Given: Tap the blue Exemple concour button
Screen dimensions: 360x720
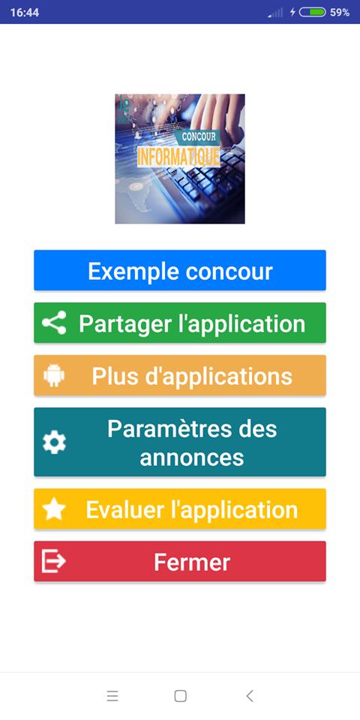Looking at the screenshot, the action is [180, 271].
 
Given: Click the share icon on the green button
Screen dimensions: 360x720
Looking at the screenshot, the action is [54, 322].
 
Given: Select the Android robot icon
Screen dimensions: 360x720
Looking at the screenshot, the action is [54, 375].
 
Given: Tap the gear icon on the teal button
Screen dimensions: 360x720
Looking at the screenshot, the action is [54, 442].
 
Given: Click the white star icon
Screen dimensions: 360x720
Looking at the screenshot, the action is [54, 509].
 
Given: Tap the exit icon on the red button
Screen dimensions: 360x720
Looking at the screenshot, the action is [54, 562].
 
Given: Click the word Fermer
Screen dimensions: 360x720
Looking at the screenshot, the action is [192, 562].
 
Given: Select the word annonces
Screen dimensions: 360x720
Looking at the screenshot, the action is [192, 457].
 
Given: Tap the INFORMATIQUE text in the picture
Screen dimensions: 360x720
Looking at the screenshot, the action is [178, 157].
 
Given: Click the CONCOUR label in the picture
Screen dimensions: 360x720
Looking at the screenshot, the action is [199, 136].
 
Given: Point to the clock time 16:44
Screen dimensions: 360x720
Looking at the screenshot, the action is [25, 13].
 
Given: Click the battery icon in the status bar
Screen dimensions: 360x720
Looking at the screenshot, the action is [312, 13].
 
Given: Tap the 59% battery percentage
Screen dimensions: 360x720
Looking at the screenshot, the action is [340, 13].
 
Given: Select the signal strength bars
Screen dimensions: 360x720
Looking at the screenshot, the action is [276, 13].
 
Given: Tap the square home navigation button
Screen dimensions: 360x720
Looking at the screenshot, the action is [181, 696].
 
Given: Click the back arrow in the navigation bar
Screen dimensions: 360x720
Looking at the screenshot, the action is [249, 696].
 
